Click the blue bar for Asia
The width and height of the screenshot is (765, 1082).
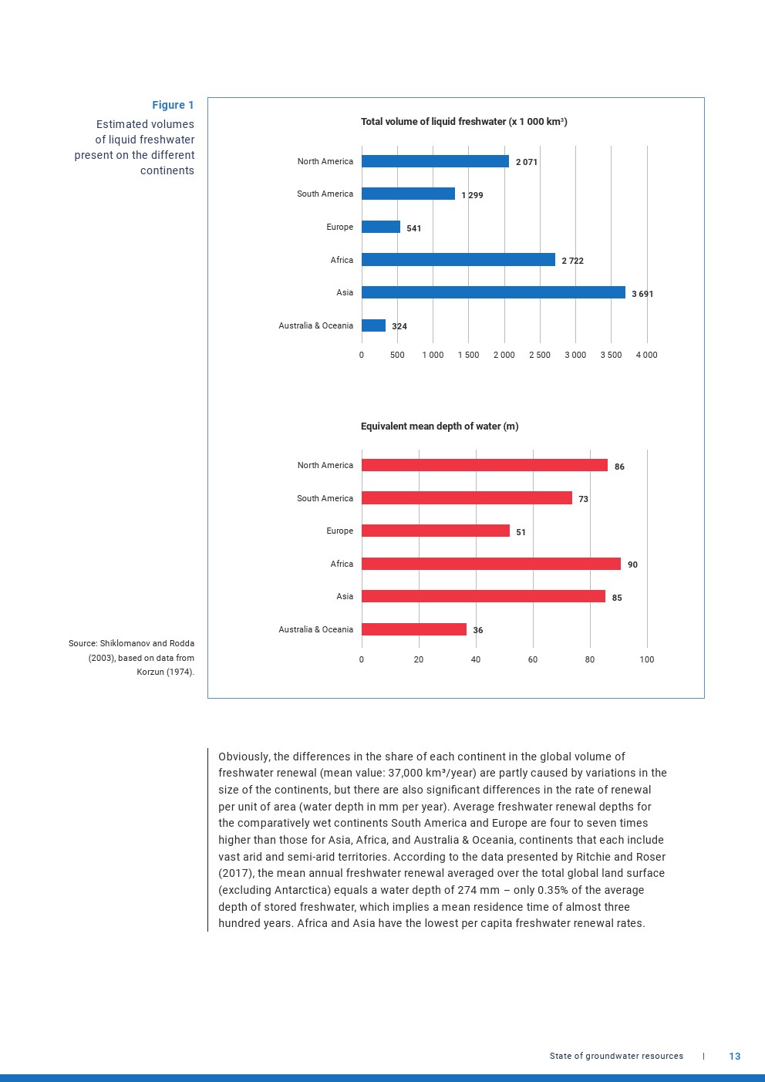pos(493,292)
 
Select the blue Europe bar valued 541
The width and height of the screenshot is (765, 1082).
pos(380,227)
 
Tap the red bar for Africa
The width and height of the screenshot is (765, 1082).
pos(490,564)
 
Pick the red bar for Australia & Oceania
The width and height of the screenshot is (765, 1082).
pos(413,629)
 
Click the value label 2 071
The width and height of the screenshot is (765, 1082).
pos(527,162)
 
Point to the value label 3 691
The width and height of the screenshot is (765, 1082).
pos(642,294)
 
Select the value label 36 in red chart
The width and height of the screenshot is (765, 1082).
pos(478,630)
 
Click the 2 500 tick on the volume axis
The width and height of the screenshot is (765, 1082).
pos(540,355)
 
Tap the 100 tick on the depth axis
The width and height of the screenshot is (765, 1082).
pos(647,659)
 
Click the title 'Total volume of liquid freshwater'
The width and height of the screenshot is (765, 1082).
pos(463,122)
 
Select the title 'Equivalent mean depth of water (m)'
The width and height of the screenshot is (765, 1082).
pos(440,426)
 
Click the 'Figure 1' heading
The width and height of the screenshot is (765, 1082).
pos(173,105)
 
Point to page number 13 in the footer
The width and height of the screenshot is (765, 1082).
pos(734,1057)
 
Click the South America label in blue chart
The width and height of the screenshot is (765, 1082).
pos(325,194)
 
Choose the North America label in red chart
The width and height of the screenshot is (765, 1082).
pos(325,465)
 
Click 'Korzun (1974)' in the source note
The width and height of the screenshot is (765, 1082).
pos(165,672)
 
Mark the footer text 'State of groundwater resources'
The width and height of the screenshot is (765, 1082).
pos(616,1057)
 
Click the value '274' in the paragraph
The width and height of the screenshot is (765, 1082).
pos(467,890)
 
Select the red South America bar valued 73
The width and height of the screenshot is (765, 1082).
pos(467,498)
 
